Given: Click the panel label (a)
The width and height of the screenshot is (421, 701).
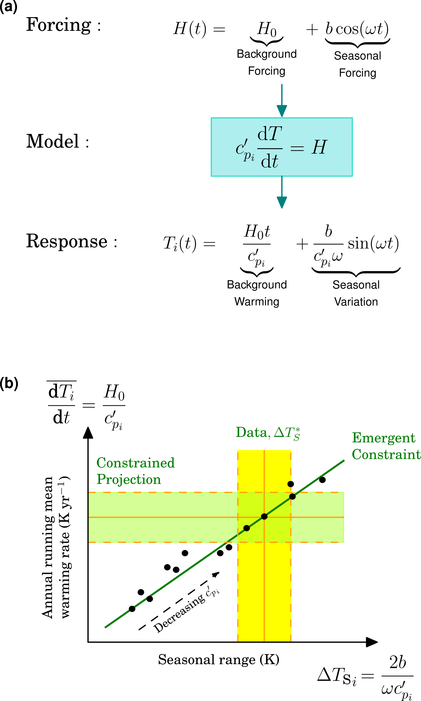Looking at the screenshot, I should (x=9, y=6).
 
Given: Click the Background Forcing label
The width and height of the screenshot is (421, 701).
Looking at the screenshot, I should (x=267, y=62).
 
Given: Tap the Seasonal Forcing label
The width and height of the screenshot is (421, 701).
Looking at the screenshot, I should (x=357, y=64).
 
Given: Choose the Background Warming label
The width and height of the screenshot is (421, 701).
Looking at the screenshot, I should (x=257, y=293).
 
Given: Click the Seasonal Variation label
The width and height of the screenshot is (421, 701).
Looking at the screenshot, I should (x=356, y=293).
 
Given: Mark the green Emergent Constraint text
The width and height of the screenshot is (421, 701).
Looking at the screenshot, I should (x=386, y=446).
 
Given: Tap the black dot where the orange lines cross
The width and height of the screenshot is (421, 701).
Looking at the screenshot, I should (x=264, y=517).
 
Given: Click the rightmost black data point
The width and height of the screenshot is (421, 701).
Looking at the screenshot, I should (x=322, y=480).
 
